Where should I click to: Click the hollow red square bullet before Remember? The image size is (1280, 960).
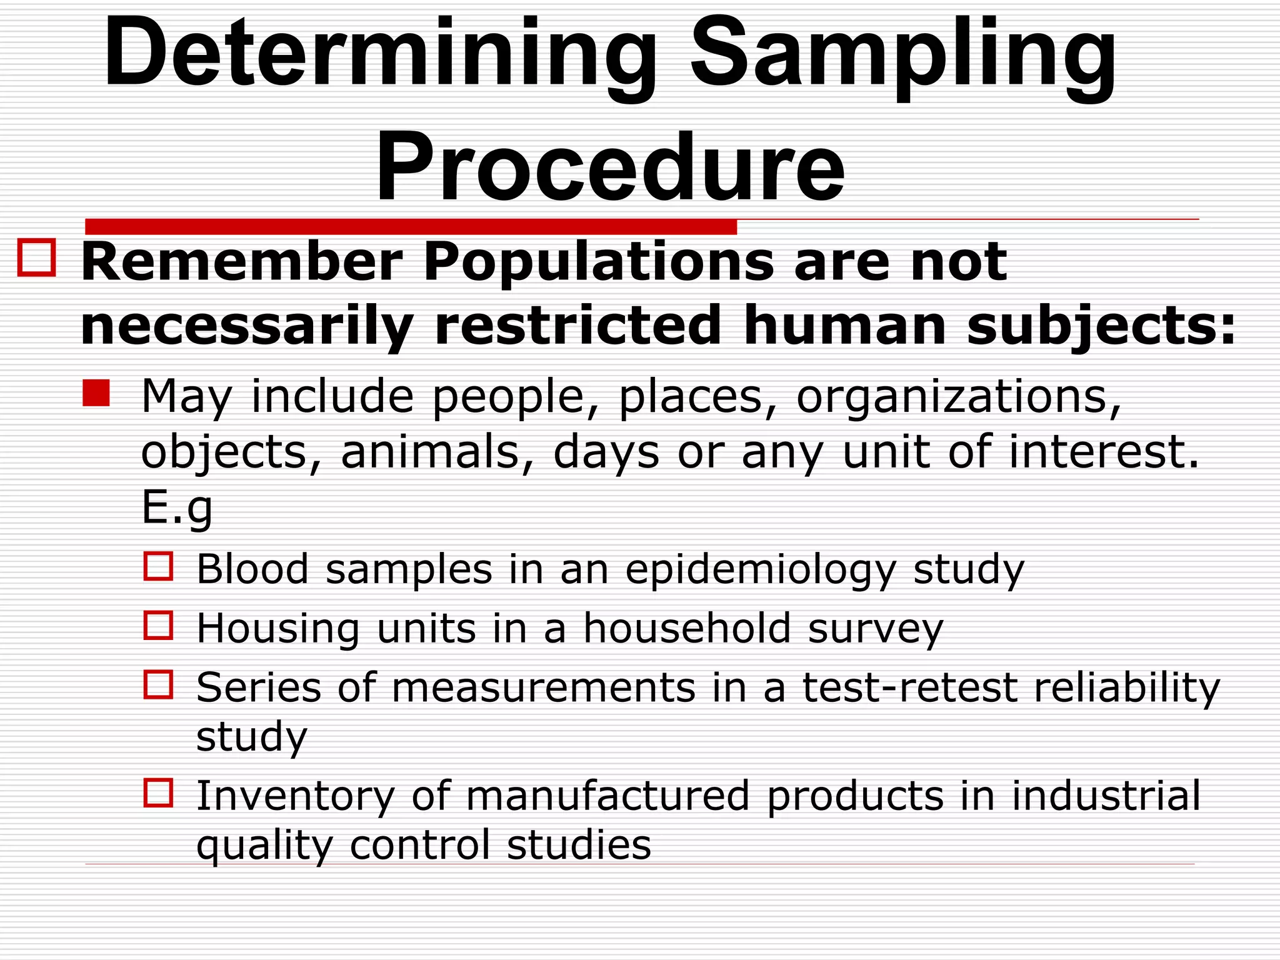pos(37,257)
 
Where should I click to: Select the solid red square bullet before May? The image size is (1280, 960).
pos(96,393)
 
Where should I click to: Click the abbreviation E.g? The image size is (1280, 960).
pos(177,507)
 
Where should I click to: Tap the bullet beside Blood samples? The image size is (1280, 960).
pos(158,566)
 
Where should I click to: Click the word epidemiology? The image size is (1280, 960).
pos(761,569)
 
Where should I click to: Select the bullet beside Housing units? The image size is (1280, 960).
pos(158,625)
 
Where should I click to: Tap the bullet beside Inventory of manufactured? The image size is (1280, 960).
pos(158,792)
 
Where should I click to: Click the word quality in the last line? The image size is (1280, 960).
pos(264,845)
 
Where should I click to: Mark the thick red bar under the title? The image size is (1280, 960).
pos(411,226)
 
